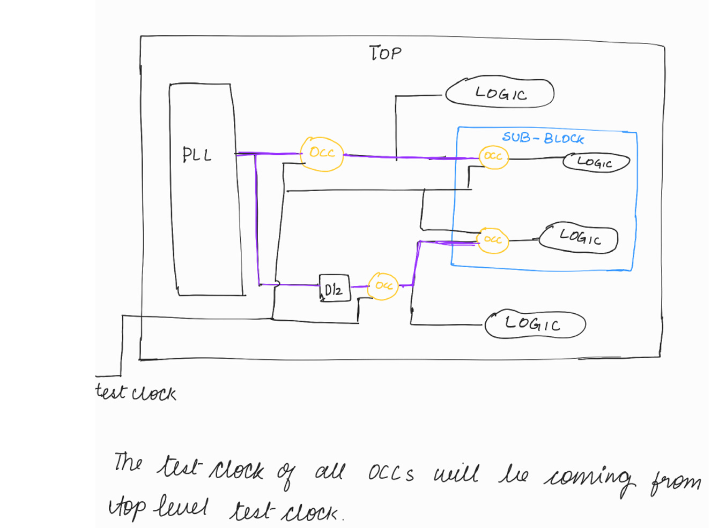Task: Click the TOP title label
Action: pos(385,53)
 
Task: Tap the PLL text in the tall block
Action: pos(197,155)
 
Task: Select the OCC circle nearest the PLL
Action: pos(322,154)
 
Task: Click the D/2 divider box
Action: pos(334,289)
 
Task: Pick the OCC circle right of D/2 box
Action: pos(383,286)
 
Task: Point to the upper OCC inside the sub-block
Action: pos(493,157)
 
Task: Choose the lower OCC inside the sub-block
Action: pos(493,239)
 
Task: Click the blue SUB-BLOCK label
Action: pos(543,138)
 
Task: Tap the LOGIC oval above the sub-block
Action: pos(500,94)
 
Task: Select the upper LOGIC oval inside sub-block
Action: pos(596,162)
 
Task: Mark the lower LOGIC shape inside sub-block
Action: pos(579,237)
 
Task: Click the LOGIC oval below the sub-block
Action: pos(534,324)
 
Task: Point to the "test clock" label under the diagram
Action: pos(136,393)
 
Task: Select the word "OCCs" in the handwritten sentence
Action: pos(391,473)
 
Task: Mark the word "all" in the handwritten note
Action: pos(330,471)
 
